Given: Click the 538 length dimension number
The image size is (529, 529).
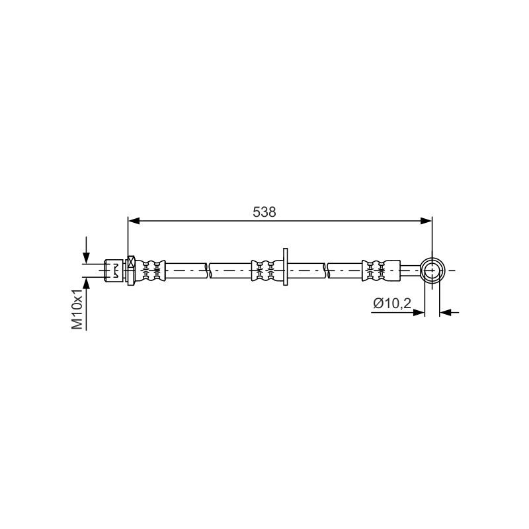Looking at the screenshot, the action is tap(264, 212).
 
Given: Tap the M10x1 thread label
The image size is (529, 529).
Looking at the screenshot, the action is tap(77, 309).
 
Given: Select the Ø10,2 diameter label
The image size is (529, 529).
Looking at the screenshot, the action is tap(392, 304).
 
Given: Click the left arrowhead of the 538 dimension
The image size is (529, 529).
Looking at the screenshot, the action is tap(134, 221).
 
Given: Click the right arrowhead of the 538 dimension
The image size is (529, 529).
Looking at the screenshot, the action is tap(426, 221).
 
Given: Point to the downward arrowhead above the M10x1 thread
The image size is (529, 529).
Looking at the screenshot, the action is tap(87, 258).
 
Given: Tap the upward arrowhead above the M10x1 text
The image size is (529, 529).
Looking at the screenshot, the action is tap(87, 284).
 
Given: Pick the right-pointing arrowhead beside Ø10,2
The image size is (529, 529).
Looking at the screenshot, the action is tap(419, 313).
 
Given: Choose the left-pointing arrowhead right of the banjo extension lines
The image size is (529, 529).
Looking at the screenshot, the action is tap(445, 313).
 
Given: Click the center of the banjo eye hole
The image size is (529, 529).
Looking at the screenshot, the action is tap(432, 270).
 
